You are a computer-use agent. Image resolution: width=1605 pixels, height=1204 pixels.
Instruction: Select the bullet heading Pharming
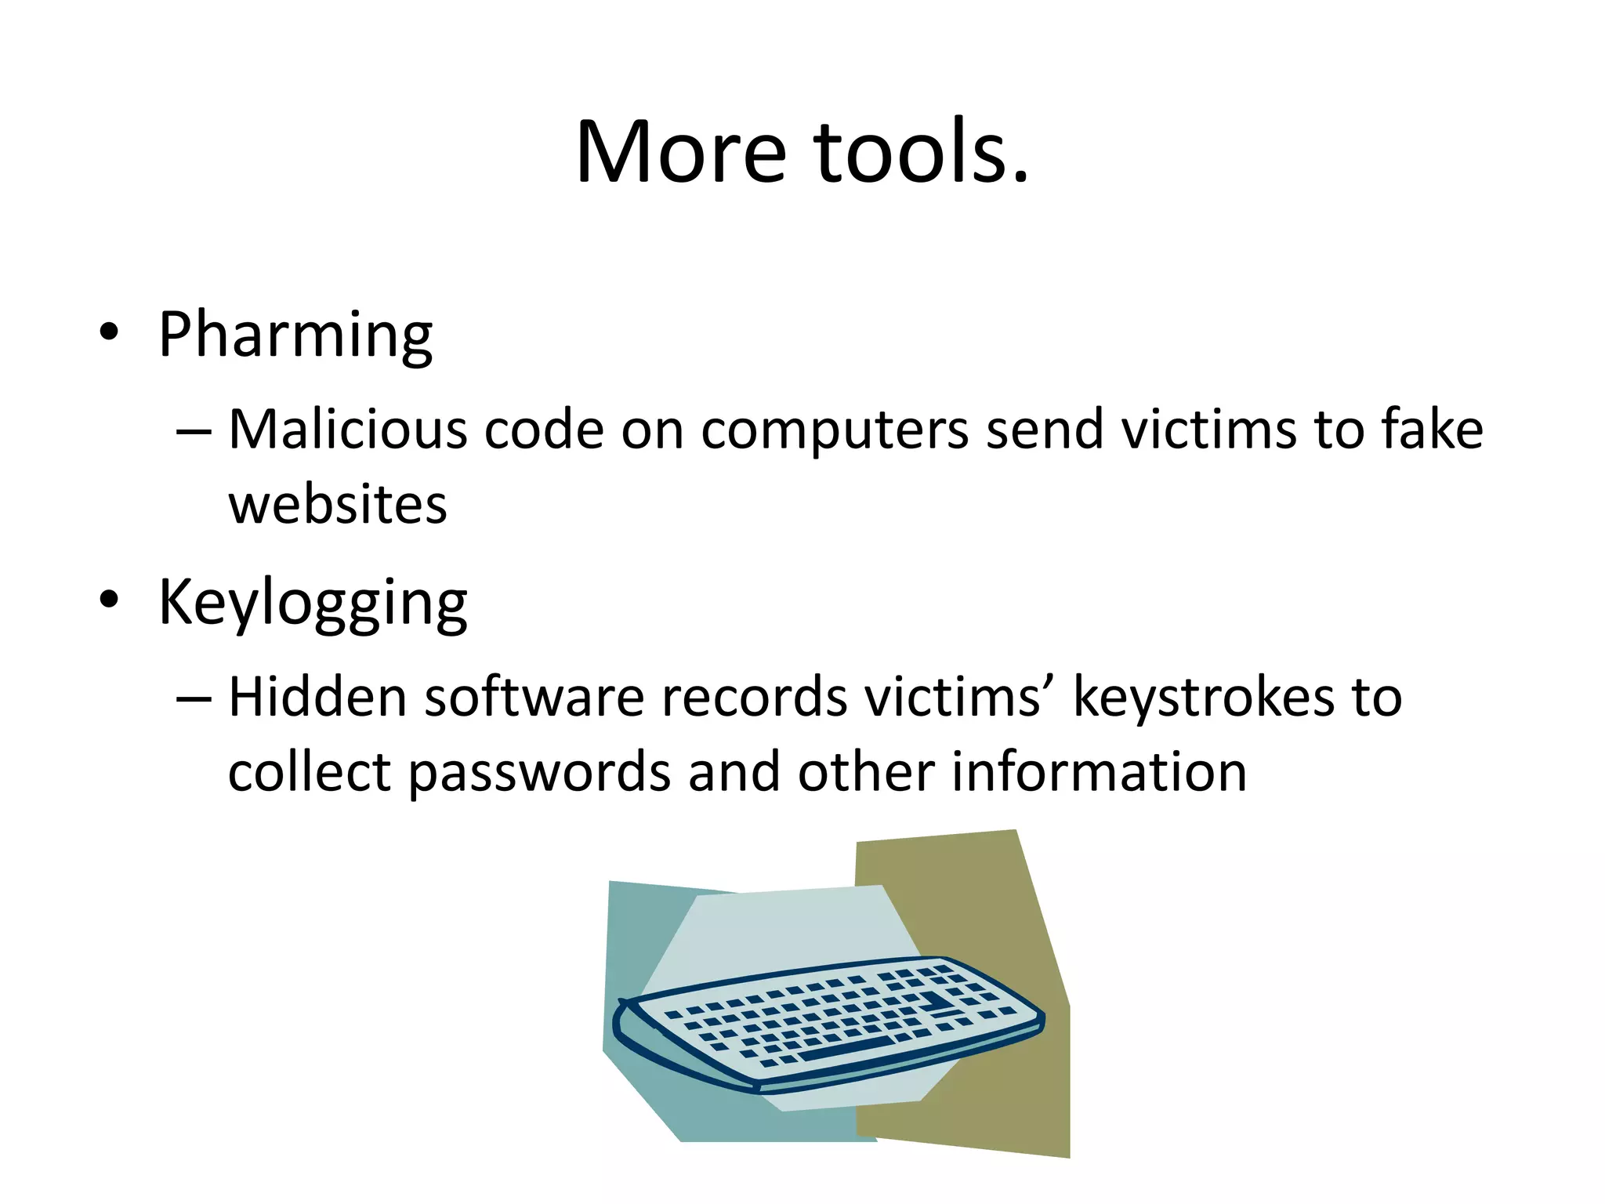295,335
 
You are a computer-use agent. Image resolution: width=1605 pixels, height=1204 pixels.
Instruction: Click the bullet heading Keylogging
313,603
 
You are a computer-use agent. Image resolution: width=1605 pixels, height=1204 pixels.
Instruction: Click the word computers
835,431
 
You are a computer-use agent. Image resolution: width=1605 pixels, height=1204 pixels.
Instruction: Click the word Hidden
317,697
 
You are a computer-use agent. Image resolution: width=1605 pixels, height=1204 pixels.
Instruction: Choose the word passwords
539,773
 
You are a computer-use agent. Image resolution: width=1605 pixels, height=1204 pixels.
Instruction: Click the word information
1099,771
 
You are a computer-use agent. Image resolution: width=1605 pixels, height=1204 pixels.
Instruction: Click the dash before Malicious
194,432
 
